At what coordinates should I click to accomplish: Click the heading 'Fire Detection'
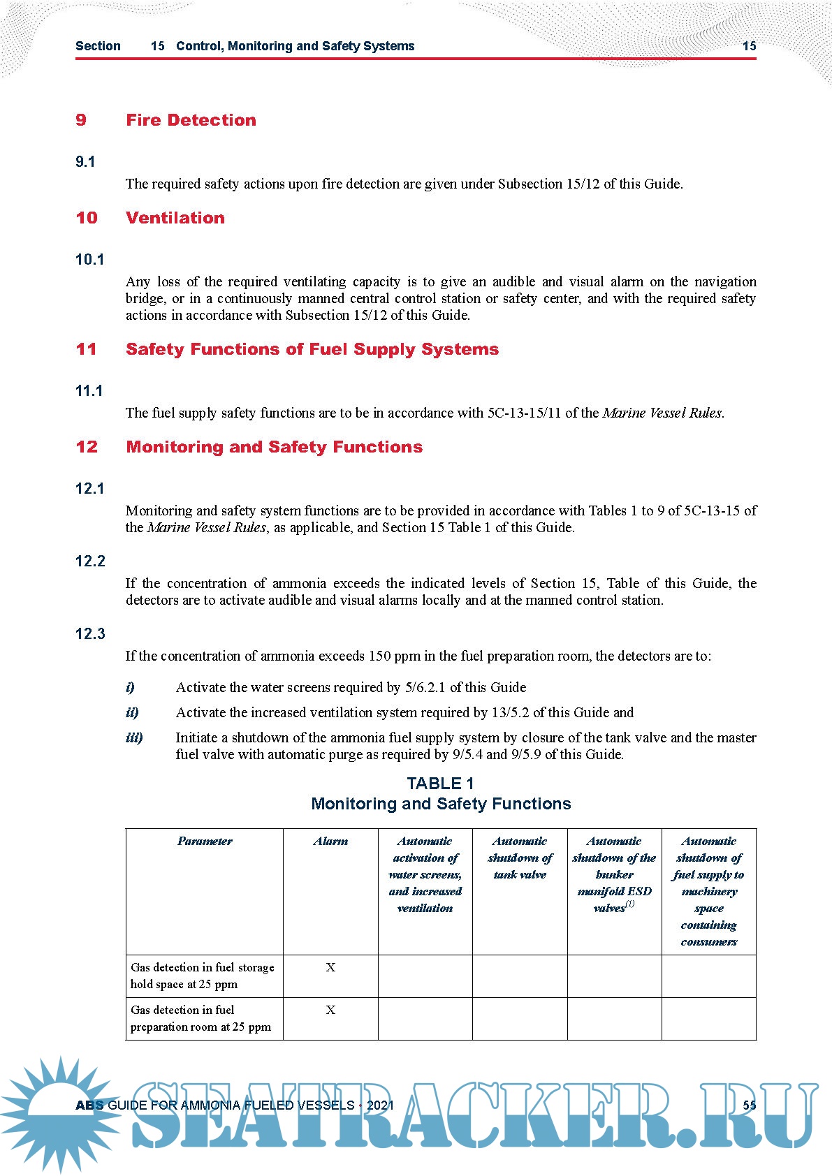pyautogui.click(x=191, y=120)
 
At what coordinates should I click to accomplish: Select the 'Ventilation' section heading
pyautogui.click(x=175, y=218)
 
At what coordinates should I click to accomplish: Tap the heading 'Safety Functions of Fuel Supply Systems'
pyautogui.click(x=312, y=349)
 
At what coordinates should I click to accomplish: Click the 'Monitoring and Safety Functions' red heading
pyautogui.click(x=275, y=447)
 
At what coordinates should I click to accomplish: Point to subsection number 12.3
pyautogui.click(x=90, y=634)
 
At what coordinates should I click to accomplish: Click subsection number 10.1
pyautogui.click(x=89, y=260)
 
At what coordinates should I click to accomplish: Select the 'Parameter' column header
pyautogui.click(x=205, y=841)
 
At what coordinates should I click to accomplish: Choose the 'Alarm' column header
pyautogui.click(x=330, y=841)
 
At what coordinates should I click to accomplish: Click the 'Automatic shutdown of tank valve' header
pyautogui.click(x=520, y=858)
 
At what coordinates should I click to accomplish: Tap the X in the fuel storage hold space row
pyautogui.click(x=330, y=968)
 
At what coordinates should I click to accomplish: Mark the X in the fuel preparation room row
pyautogui.click(x=330, y=1010)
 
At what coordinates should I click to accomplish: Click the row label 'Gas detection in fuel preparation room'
pyautogui.click(x=200, y=1019)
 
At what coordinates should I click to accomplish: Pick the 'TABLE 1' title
pyautogui.click(x=440, y=784)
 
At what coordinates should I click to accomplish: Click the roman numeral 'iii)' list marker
pyautogui.click(x=134, y=738)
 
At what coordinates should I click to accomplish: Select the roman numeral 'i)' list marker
pyautogui.click(x=130, y=688)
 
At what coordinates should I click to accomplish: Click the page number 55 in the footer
pyautogui.click(x=749, y=1105)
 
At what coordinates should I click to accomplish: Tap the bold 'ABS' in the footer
pyautogui.click(x=89, y=1105)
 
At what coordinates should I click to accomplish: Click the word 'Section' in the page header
pyautogui.click(x=98, y=46)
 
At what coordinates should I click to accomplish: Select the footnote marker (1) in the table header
pyautogui.click(x=630, y=904)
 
